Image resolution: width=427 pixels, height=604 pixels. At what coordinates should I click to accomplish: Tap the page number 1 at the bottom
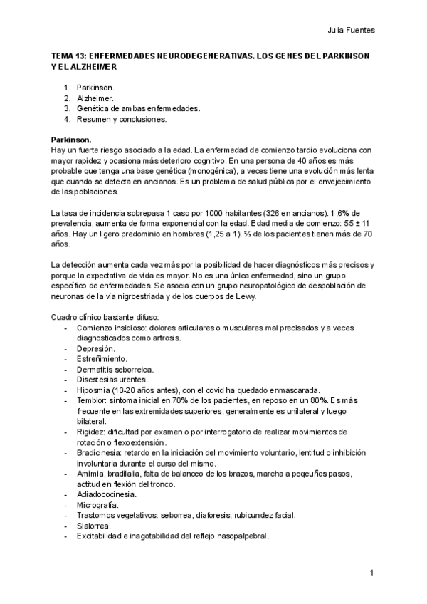[372, 573]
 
